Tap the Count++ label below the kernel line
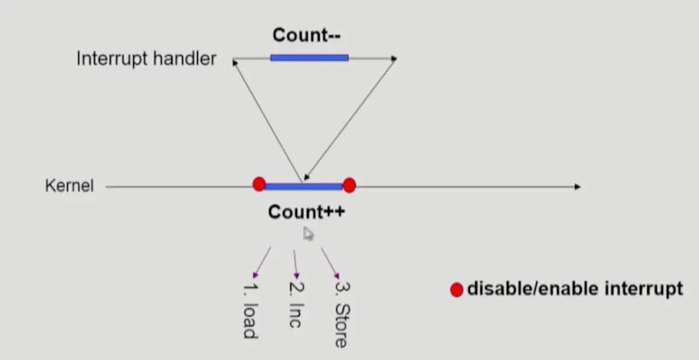point(307,212)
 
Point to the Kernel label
point(69,186)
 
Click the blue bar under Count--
point(309,58)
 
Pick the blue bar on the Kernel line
point(304,186)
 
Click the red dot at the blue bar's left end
point(259,184)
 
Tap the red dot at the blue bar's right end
point(349,185)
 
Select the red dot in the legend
point(456,290)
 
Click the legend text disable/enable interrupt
point(575,289)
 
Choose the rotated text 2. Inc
point(295,305)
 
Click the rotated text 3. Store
point(341,313)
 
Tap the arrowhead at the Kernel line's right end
point(577,187)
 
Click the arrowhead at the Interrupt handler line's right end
point(394,58)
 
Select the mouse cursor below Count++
point(308,233)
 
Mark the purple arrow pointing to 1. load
point(262,263)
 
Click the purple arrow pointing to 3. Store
point(330,263)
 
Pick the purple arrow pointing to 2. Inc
point(295,264)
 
